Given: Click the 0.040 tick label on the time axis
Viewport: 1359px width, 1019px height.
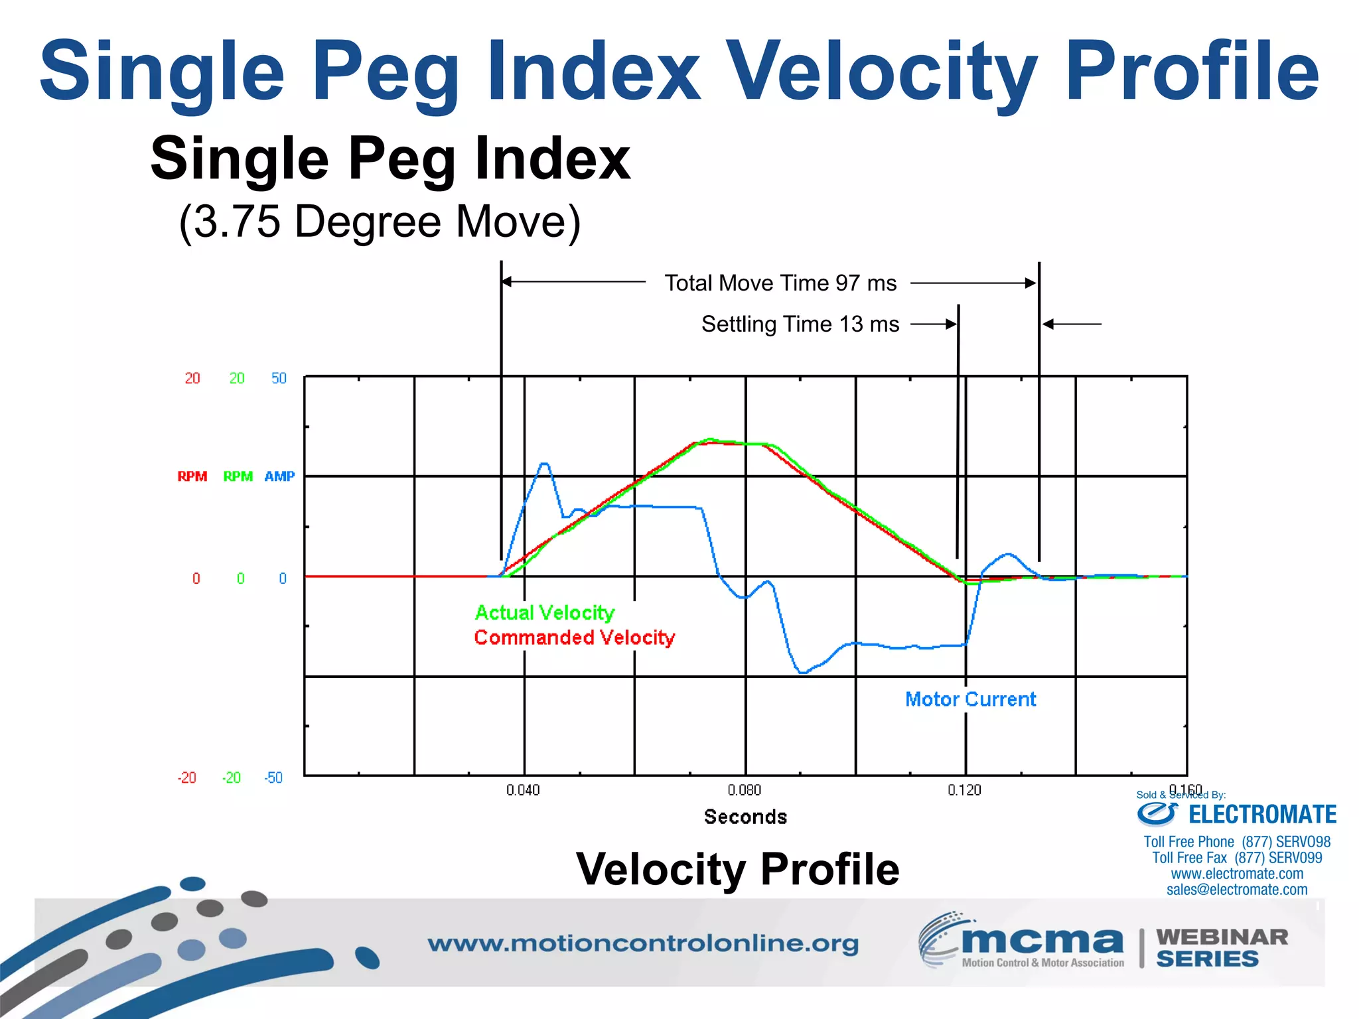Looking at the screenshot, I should (523, 790).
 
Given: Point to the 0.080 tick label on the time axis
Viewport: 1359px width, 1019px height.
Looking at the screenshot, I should (744, 790).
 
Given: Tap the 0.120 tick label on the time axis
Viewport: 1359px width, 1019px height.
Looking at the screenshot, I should (964, 790).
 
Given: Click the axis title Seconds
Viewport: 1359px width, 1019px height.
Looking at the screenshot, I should (745, 817).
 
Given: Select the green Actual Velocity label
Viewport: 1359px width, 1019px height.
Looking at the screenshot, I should (545, 612).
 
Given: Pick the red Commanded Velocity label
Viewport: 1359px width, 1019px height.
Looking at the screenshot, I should (574, 638).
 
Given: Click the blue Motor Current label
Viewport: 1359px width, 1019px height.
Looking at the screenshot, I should (970, 699).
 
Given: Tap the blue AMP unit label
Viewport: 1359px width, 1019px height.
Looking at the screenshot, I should (279, 476).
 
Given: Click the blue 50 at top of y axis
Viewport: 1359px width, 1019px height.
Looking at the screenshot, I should (279, 378).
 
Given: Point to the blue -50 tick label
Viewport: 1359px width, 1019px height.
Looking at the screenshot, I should (273, 778).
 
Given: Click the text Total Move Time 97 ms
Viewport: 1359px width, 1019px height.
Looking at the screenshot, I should (780, 283).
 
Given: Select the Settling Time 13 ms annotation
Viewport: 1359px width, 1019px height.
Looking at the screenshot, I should (800, 324).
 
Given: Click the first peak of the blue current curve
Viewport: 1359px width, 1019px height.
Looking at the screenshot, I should (544, 464).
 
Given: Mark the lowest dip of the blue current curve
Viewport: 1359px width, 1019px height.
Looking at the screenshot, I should (802, 672).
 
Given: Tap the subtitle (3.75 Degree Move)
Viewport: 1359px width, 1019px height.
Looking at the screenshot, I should (380, 222).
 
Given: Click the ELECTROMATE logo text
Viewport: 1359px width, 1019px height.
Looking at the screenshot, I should (1261, 814).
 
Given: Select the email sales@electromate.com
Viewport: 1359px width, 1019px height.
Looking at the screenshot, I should (1237, 890).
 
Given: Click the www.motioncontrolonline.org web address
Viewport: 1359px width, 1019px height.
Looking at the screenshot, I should (642, 943).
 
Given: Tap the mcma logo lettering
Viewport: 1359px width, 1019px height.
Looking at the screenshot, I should (1041, 941).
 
